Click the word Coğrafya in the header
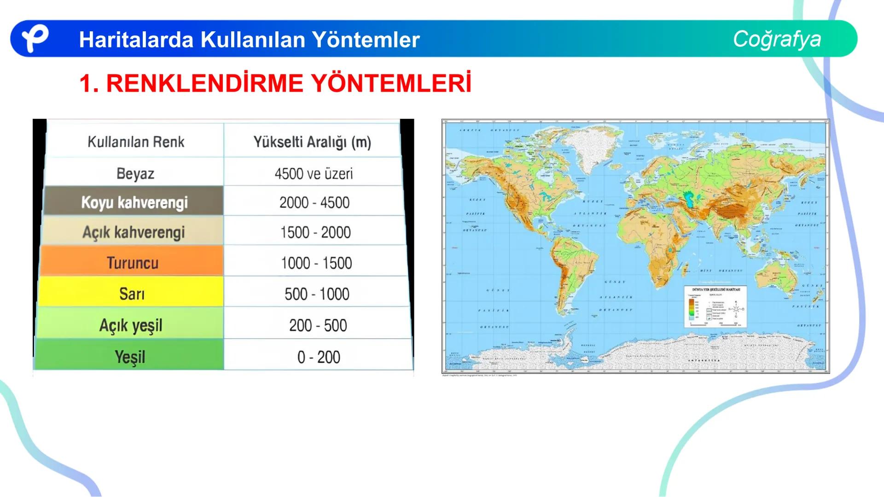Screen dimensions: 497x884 coord(777,39)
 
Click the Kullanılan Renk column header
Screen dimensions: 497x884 coord(136,142)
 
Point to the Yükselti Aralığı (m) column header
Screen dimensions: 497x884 coord(312,142)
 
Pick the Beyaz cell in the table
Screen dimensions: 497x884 coord(135,173)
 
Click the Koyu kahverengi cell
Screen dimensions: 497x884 coord(134,202)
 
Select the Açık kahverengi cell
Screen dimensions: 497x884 coord(134,232)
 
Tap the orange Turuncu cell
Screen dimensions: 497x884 coord(133,263)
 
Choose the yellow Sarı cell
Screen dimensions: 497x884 coord(132,294)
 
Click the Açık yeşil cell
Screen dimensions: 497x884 coord(131,325)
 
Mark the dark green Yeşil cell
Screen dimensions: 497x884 coord(130,357)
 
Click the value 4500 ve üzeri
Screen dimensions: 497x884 coord(314,173)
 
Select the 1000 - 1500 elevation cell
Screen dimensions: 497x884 coord(316,263)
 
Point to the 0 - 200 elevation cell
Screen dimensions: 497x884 coord(319,357)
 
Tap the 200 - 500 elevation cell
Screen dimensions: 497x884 coord(318,325)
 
